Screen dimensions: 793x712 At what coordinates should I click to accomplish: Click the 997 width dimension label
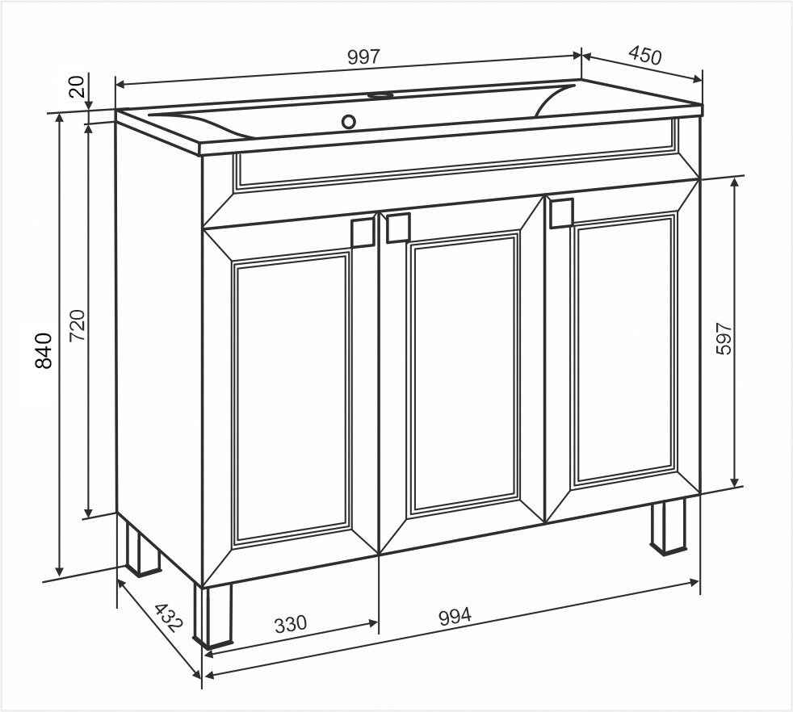click(x=363, y=57)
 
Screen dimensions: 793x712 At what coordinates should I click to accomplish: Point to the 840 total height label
click(x=44, y=350)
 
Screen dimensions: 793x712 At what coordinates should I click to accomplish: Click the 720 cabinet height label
click(x=77, y=325)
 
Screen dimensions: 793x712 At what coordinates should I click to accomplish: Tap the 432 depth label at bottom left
click(x=166, y=618)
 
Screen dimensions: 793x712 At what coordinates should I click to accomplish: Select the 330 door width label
click(x=291, y=623)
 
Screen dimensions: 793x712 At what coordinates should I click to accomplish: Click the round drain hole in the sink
click(x=349, y=121)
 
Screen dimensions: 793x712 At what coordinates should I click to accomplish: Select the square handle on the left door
click(x=362, y=232)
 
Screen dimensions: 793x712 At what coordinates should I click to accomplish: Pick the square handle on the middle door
click(x=398, y=228)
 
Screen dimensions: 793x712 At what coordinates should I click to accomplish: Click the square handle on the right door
click(x=561, y=212)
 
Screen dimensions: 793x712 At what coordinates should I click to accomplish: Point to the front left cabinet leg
click(x=213, y=616)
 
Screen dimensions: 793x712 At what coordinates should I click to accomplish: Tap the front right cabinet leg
click(x=668, y=526)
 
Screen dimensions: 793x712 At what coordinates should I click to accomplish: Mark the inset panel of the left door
click(x=292, y=400)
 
